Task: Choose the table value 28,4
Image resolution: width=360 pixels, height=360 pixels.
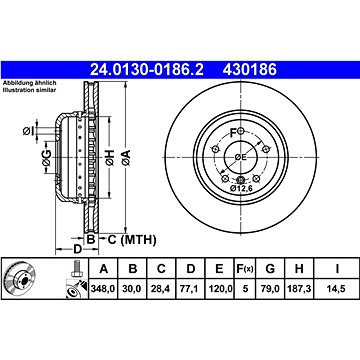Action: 160,291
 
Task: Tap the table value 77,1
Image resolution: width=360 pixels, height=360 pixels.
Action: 188,291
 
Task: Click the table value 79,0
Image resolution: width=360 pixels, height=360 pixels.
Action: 273,291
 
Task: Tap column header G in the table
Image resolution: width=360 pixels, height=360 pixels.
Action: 273,269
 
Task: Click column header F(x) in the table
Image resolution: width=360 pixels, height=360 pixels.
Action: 246,269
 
